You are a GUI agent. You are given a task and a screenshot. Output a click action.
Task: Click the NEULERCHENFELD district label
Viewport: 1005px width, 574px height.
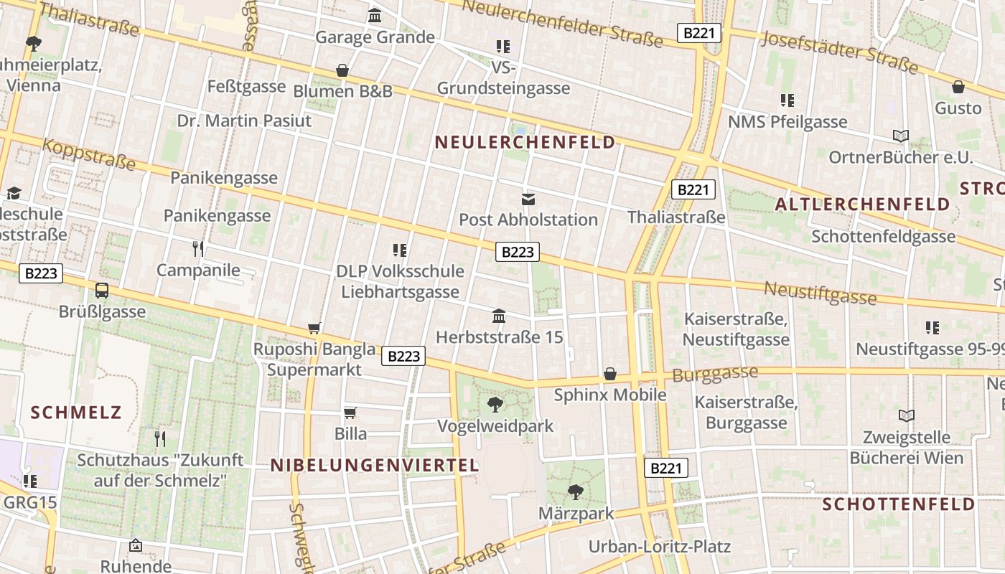pyautogui.click(x=525, y=142)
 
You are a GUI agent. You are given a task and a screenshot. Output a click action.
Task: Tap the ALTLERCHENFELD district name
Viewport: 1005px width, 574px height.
pyautogui.click(x=862, y=204)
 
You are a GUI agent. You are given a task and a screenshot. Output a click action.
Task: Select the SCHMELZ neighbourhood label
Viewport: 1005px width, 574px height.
pyautogui.click(x=76, y=413)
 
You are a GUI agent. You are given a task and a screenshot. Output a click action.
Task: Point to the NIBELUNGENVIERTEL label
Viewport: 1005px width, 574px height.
pyautogui.click(x=374, y=465)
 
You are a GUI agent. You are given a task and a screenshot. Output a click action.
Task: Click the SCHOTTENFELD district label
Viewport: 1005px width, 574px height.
pyautogui.click(x=898, y=504)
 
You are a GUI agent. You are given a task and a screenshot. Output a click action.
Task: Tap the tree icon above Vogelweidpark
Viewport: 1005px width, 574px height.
pyautogui.click(x=495, y=405)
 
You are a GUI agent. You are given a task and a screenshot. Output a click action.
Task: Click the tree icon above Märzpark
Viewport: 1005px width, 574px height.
pyautogui.click(x=575, y=492)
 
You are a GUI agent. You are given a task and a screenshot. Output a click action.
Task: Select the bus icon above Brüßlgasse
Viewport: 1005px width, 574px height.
pyautogui.click(x=102, y=291)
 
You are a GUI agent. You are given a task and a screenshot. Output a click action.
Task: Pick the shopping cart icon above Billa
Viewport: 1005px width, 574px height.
pyautogui.click(x=350, y=413)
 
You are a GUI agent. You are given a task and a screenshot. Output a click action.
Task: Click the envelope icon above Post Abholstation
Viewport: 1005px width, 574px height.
pyautogui.click(x=528, y=199)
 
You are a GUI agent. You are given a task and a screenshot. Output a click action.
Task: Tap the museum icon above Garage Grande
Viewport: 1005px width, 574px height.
pyautogui.click(x=375, y=16)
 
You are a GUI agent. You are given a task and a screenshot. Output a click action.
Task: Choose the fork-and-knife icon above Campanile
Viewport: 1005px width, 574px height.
pyautogui.click(x=198, y=249)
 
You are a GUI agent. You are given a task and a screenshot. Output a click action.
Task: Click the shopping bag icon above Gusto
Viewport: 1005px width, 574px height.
pyautogui.click(x=958, y=87)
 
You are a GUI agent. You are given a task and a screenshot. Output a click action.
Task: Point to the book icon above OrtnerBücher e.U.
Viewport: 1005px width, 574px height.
pyautogui.click(x=900, y=136)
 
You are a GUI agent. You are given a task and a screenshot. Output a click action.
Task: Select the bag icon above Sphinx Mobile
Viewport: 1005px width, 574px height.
pyautogui.click(x=610, y=374)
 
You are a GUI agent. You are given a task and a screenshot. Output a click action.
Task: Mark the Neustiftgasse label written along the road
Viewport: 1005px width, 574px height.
pyautogui.click(x=819, y=293)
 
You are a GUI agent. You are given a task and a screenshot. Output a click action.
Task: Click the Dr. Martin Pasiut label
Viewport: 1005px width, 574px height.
pyautogui.click(x=244, y=121)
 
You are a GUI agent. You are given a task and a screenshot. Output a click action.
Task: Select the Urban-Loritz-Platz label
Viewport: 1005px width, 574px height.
pyautogui.click(x=659, y=547)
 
